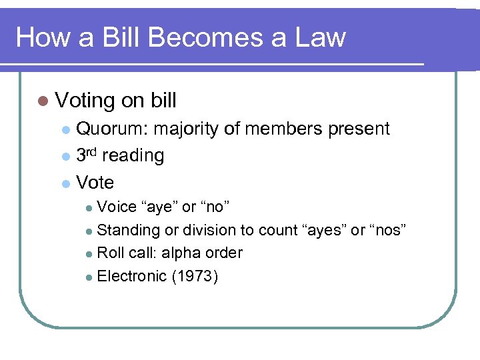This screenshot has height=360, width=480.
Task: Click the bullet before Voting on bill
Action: pyautogui.click(x=43, y=101)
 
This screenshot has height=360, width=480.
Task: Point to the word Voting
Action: pyautogui.click(x=85, y=101)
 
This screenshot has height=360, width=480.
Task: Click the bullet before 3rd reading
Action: pyautogui.click(x=65, y=157)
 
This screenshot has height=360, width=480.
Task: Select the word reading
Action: pyautogui.click(x=133, y=156)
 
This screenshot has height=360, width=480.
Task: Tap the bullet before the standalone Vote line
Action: pyautogui.click(x=65, y=183)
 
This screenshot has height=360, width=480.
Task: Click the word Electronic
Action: pyautogui.click(x=131, y=276)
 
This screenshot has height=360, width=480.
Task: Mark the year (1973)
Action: pyautogui.click(x=195, y=276)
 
